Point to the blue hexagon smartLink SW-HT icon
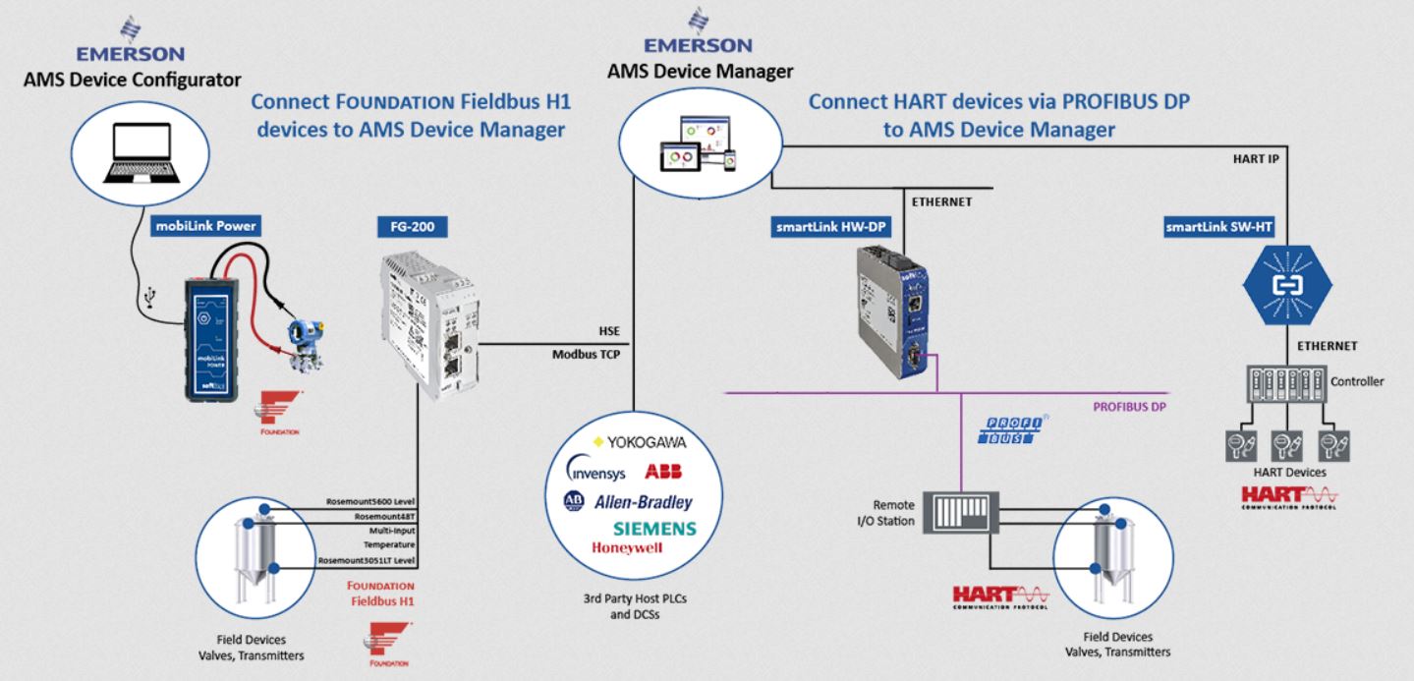click(x=1287, y=284)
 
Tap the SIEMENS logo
click(x=654, y=528)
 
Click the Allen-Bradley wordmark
click(x=644, y=501)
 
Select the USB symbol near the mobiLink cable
click(x=147, y=295)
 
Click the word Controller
click(x=1357, y=381)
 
